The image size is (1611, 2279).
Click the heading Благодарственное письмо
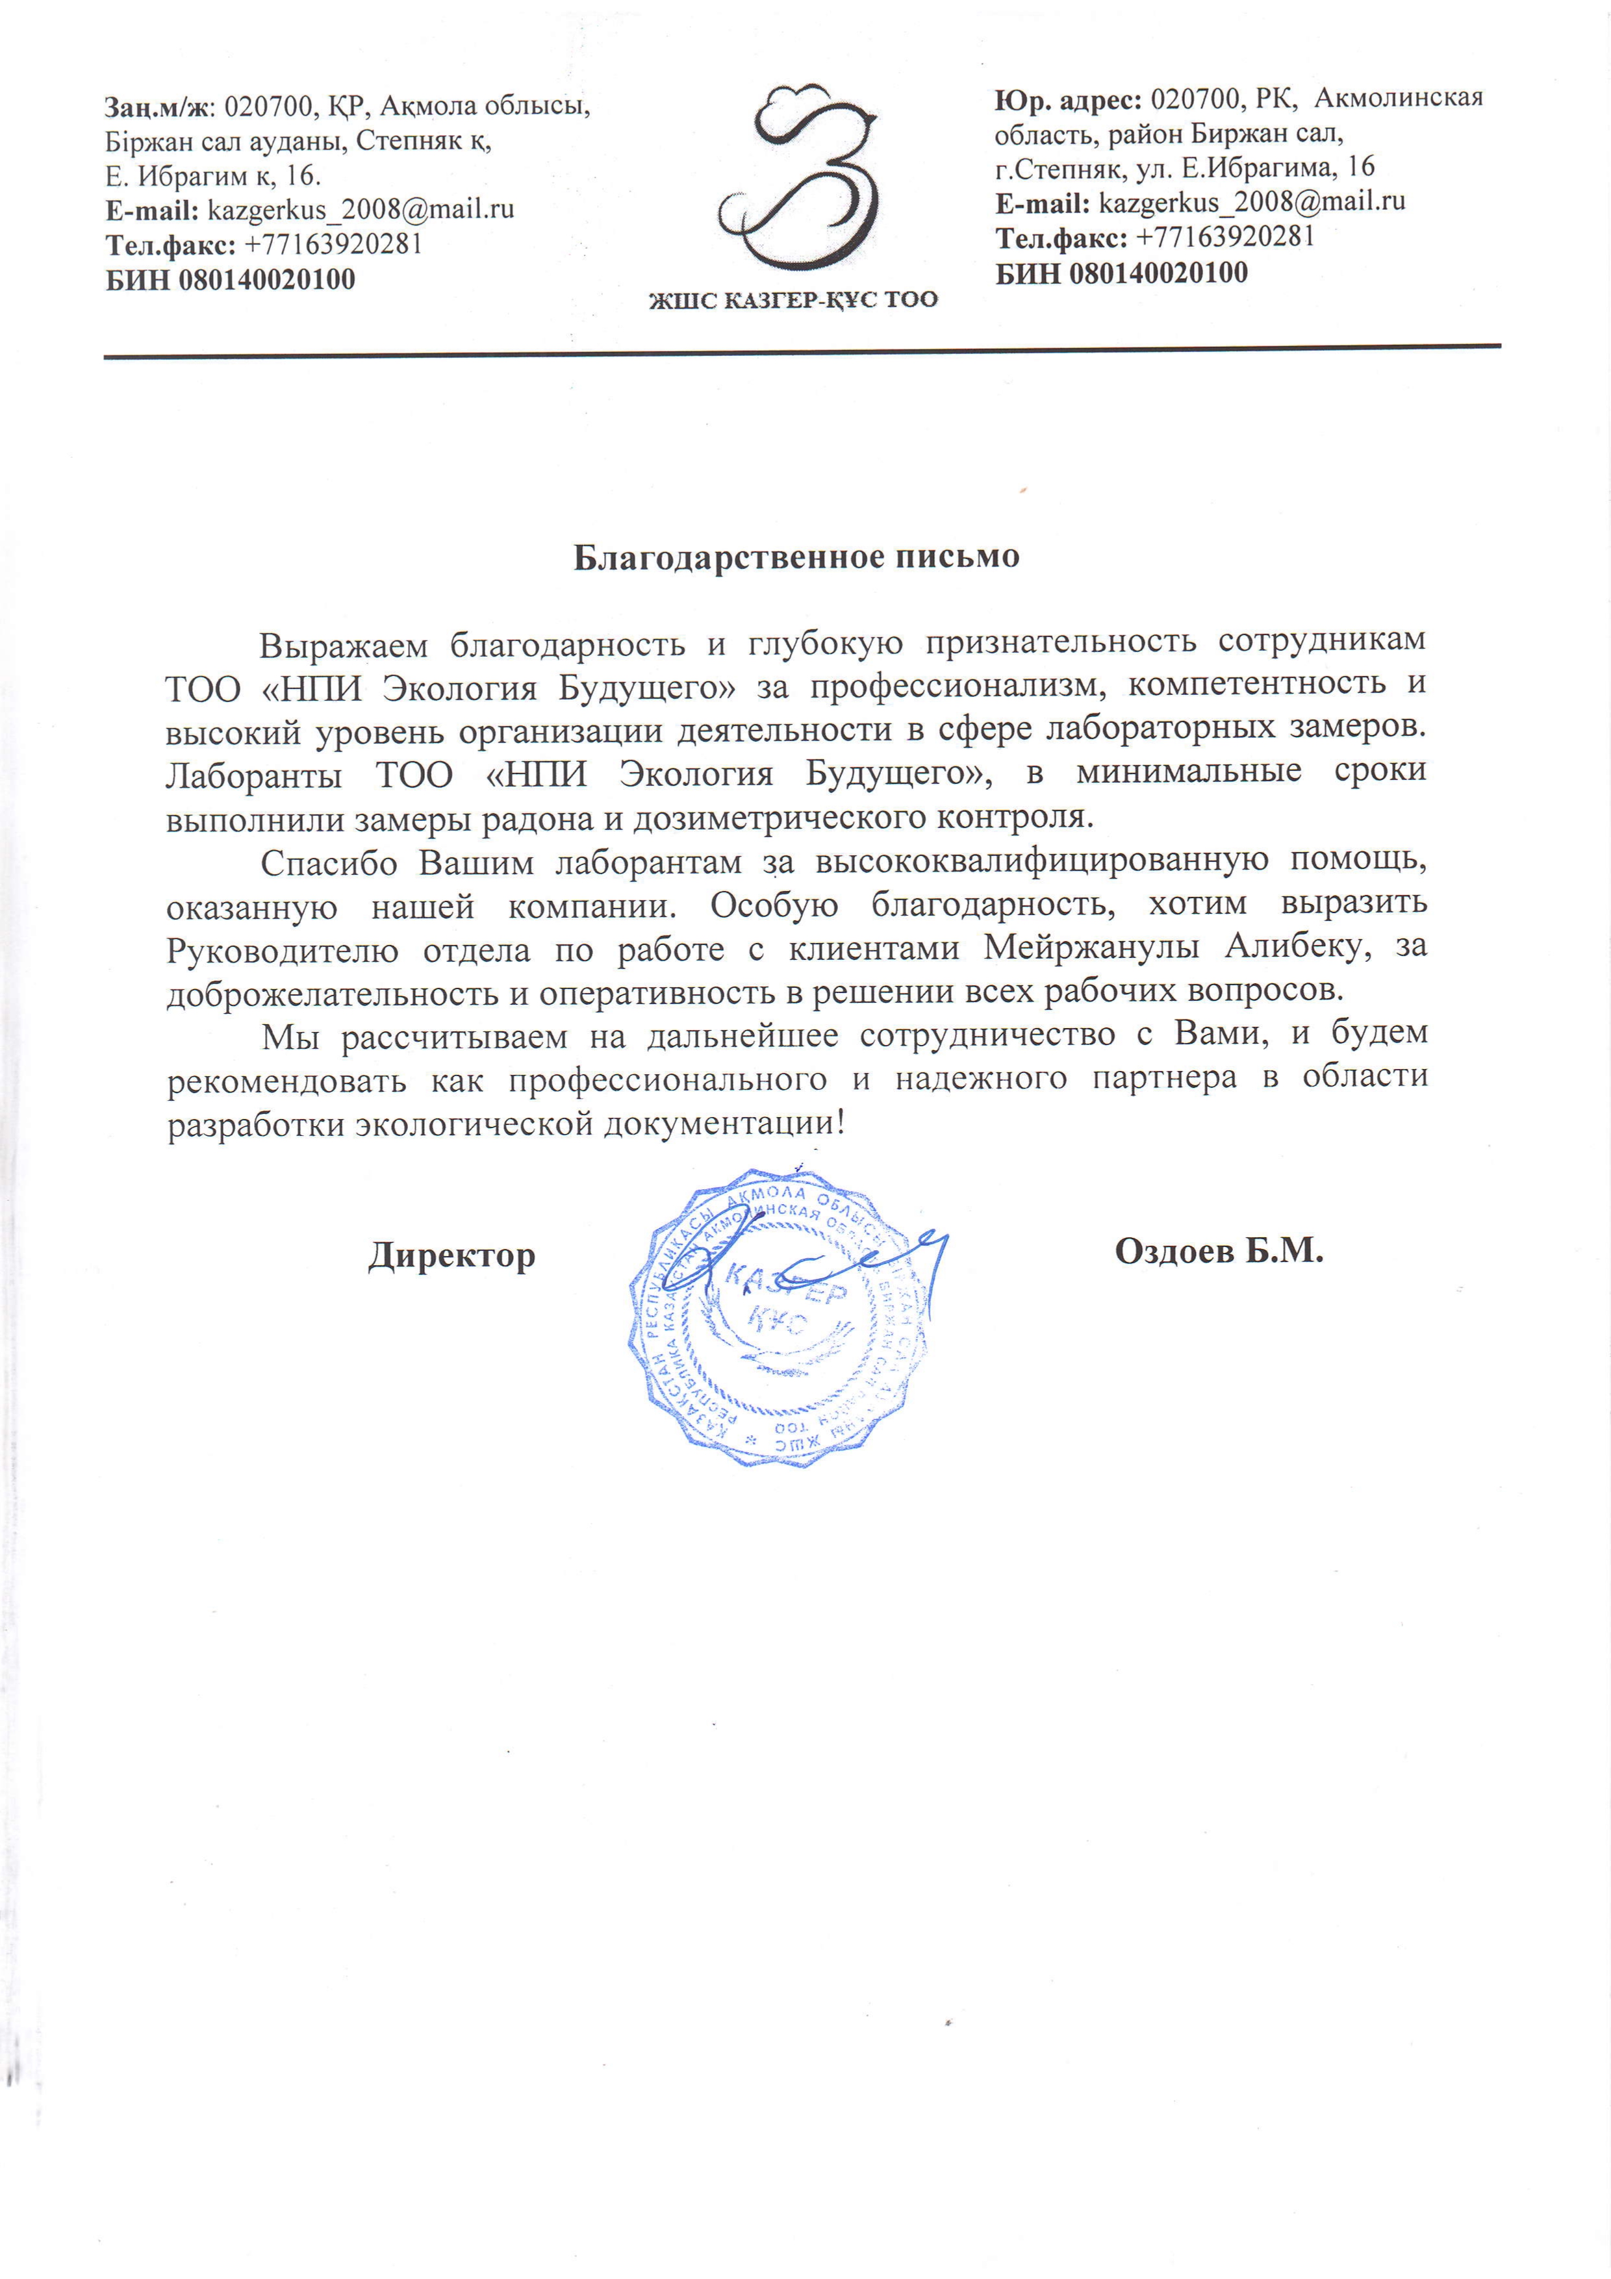(x=796, y=557)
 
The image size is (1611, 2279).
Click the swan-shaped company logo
(x=799, y=179)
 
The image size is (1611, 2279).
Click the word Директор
(x=451, y=1255)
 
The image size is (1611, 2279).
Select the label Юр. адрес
(x=1068, y=99)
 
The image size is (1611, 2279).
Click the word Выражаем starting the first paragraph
(x=342, y=645)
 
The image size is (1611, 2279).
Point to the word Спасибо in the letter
(x=329, y=862)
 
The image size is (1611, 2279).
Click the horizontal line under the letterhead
(x=802, y=350)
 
